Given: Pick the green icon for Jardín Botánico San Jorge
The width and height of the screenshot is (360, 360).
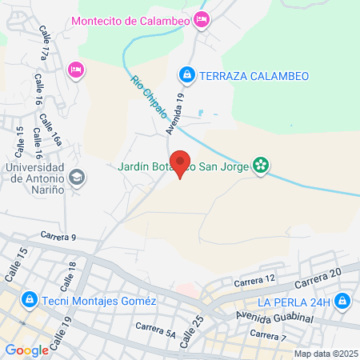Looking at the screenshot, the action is pos(260,166).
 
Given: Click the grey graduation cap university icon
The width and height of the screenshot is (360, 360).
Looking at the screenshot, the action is pos(78,177).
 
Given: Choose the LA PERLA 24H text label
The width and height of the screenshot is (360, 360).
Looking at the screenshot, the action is pos(294,301).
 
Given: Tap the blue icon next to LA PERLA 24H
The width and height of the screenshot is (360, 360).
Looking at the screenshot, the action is pos(342,301).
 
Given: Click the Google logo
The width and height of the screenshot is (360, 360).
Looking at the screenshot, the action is pos(26,350).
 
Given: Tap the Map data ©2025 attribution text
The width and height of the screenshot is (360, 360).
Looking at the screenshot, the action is pos(326,354).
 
